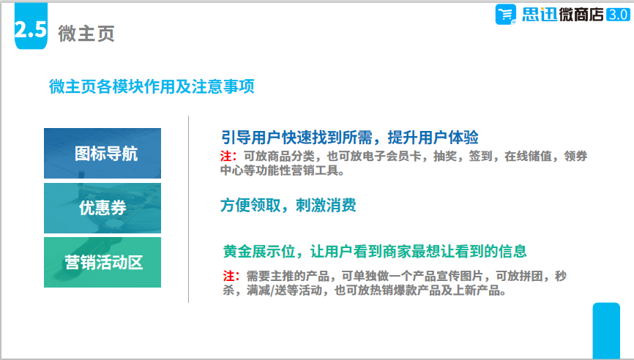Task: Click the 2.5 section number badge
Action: click(x=31, y=26)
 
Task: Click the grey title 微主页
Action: click(x=86, y=33)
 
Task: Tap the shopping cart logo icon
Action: click(x=505, y=15)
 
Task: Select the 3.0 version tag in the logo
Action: click(x=618, y=15)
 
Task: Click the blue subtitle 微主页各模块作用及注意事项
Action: click(x=152, y=86)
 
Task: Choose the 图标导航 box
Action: click(x=102, y=153)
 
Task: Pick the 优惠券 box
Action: click(x=102, y=208)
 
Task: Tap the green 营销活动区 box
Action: click(x=102, y=262)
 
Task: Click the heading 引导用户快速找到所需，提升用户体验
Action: click(x=350, y=138)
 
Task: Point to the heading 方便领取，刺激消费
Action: click(x=288, y=206)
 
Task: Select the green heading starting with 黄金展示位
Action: click(x=375, y=251)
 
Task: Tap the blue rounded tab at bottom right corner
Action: click(x=606, y=331)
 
